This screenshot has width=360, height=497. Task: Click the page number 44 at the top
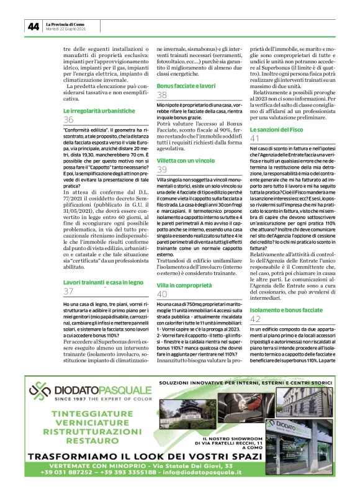coord(33,26)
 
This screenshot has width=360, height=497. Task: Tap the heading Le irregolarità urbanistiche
coord(99,110)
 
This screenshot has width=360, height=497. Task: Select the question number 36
coord(68,120)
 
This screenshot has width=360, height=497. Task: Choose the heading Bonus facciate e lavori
coord(186,85)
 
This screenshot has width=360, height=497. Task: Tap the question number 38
coord(162,95)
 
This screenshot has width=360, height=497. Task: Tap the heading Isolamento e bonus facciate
coord(286,309)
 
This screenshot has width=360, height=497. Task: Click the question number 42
coord(255,319)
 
